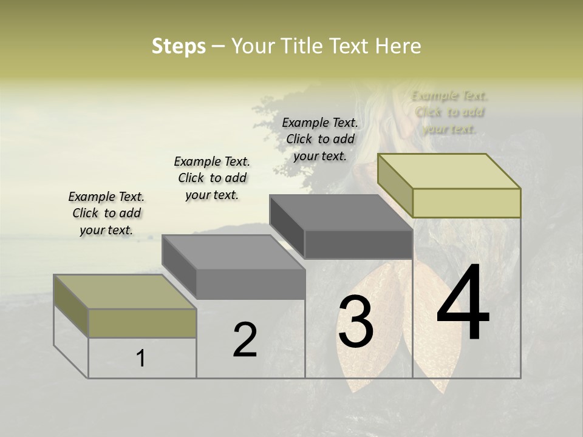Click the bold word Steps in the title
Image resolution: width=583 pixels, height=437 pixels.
[179, 46]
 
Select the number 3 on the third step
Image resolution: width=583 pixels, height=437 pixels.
[356, 322]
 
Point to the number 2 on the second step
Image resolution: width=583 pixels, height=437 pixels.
[245, 340]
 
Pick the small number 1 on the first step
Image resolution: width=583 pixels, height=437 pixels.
[141, 358]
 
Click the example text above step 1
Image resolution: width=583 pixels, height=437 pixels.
[106, 213]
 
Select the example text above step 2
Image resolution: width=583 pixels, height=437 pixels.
[212, 178]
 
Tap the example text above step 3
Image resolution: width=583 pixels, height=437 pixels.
[320, 139]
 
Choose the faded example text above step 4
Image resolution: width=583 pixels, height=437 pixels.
[449, 112]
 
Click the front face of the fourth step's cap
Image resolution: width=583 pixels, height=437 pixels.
[466, 203]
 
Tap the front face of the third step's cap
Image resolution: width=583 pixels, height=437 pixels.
[358, 245]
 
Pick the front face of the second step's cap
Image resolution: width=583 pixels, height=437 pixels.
[251, 284]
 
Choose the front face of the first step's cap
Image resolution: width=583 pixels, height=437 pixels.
[142, 323]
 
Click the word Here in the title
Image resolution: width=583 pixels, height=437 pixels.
[398, 46]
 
